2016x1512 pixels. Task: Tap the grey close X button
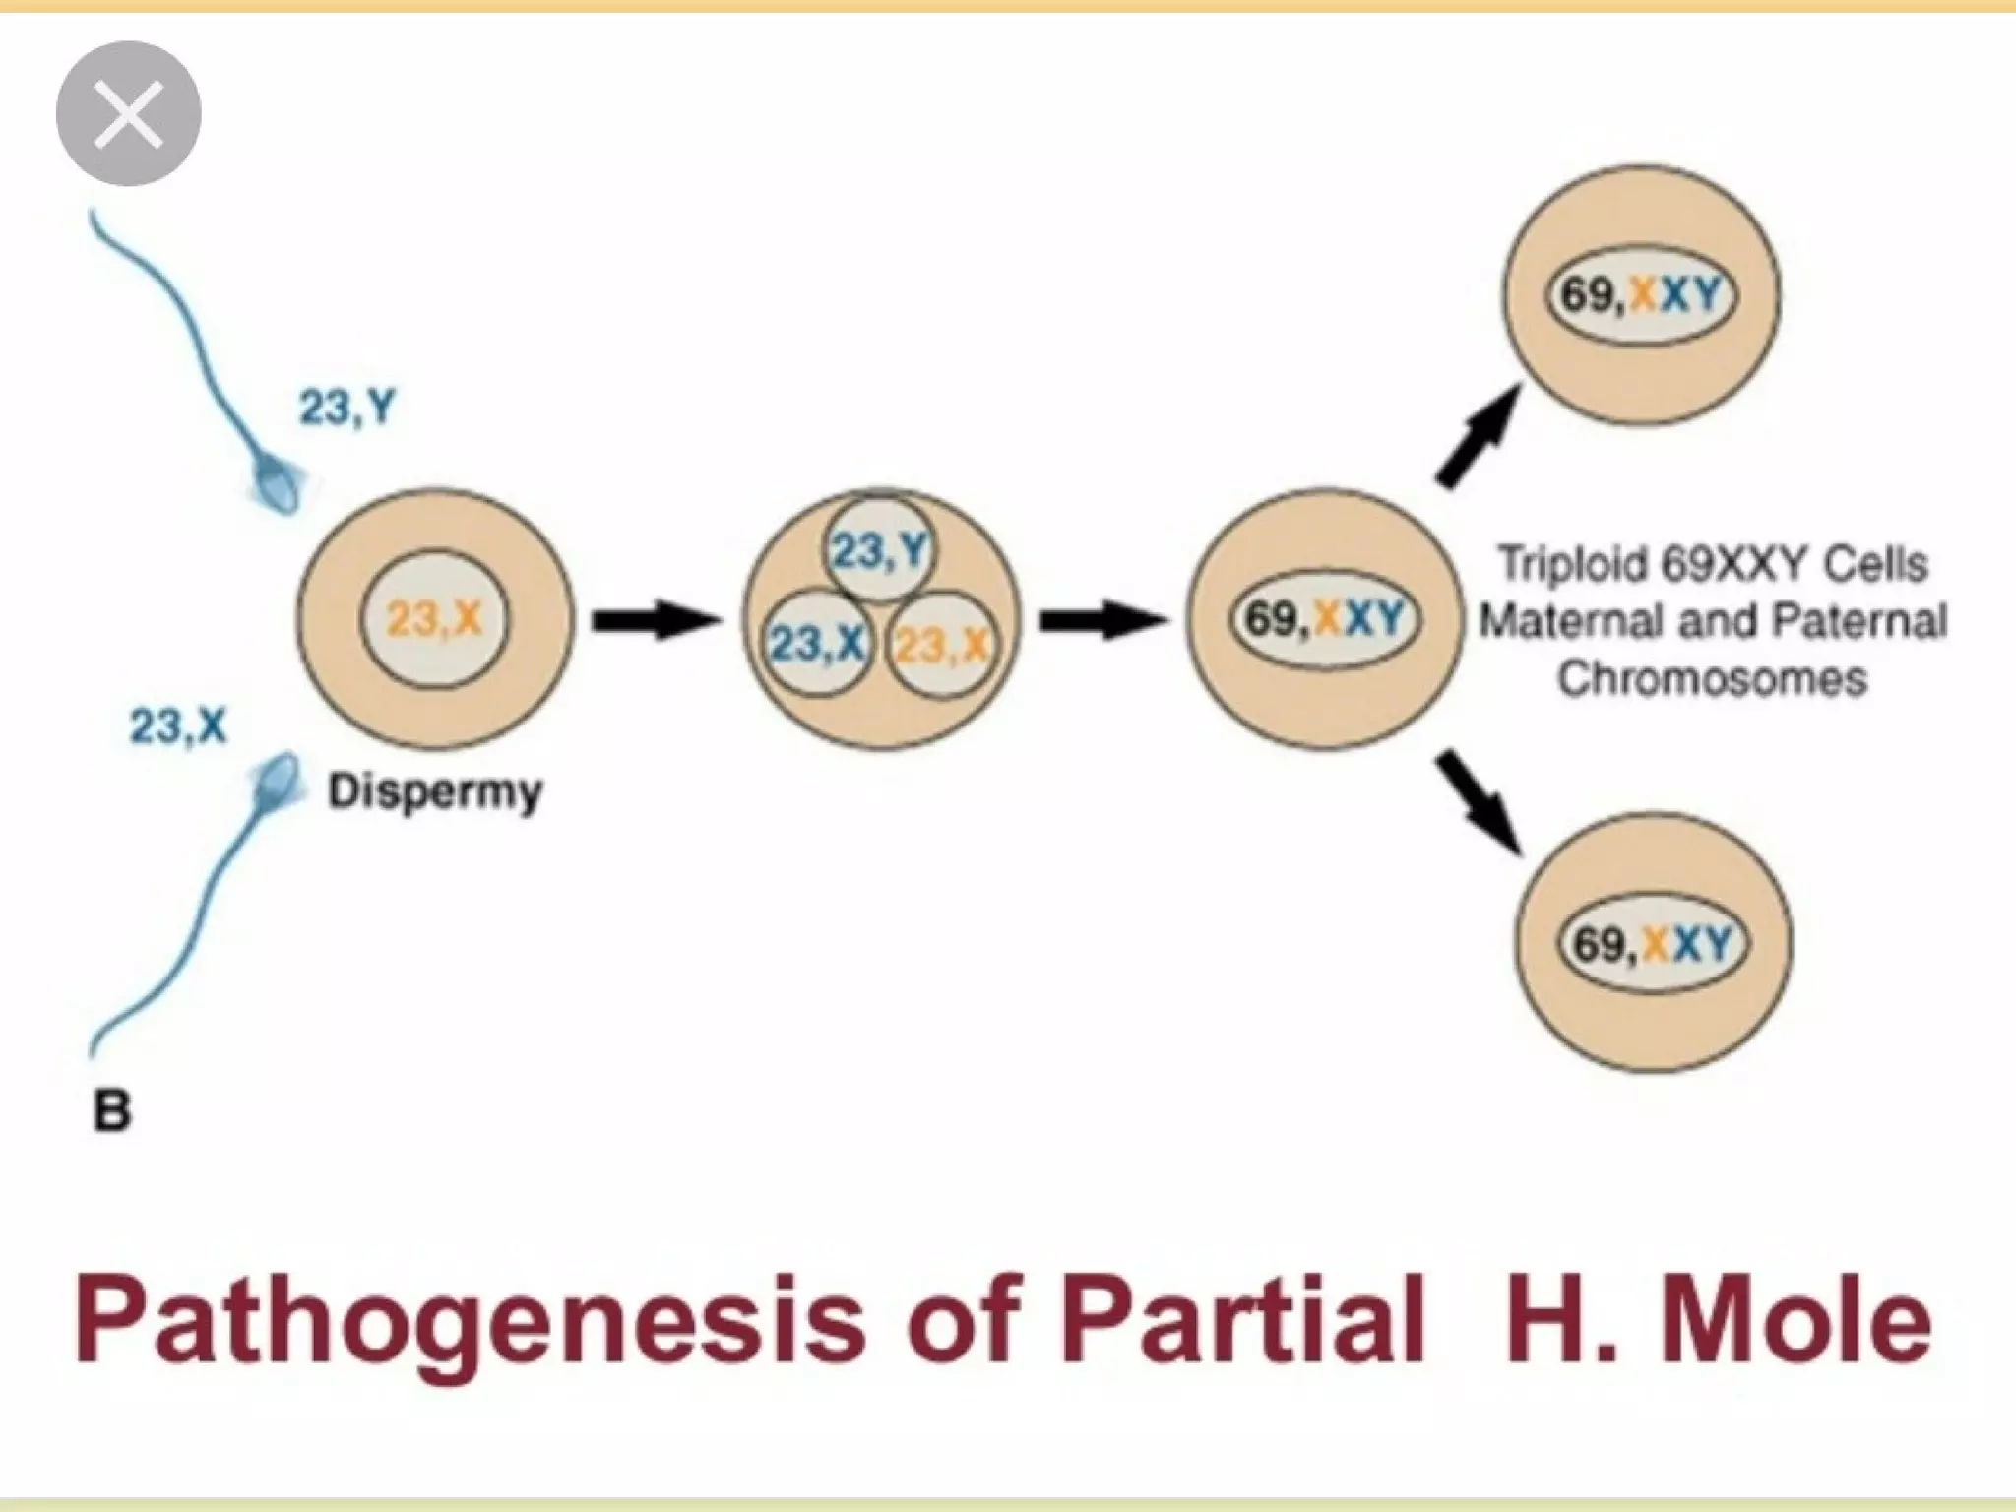click(128, 114)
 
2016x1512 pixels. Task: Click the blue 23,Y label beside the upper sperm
click(346, 406)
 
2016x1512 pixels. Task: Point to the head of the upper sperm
click(281, 486)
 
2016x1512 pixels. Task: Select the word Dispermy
click(434, 791)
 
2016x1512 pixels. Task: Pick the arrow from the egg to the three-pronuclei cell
click(654, 621)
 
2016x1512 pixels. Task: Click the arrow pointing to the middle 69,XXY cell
click(1102, 621)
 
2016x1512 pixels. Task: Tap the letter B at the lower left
click(111, 1112)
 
